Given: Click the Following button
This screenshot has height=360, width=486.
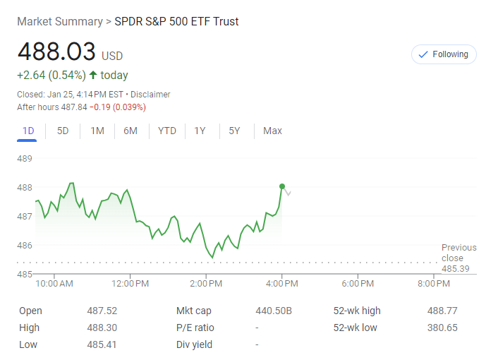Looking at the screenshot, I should click(x=444, y=54).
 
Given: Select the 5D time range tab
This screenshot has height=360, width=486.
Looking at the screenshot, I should click(x=63, y=131).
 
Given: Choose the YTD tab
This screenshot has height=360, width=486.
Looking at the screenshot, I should click(x=167, y=131).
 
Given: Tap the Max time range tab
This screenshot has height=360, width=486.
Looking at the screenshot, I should click(x=272, y=131).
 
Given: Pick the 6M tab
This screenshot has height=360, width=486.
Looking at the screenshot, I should click(x=130, y=131).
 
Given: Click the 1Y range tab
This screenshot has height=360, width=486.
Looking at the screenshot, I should click(x=200, y=131).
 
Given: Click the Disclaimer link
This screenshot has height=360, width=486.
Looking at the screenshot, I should click(x=150, y=95).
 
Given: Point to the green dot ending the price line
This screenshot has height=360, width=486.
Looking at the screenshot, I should click(x=282, y=186).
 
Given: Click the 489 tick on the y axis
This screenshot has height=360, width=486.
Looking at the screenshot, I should click(x=25, y=158).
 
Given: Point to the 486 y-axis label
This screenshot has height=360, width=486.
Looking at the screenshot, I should click(x=25, y=245).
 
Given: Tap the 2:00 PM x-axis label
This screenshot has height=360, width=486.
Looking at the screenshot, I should click(x=207, y=284).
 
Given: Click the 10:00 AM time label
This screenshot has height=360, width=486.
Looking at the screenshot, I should click(x=54, y=284).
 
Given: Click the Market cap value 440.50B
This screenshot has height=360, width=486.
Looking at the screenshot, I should click(x=274, y=311).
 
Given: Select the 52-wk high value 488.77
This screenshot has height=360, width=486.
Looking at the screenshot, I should click(x=442, y=311).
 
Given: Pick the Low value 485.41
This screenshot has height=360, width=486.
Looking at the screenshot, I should click(x=102, y=344).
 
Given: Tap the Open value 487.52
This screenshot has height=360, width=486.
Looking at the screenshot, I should click(x=102, y=311).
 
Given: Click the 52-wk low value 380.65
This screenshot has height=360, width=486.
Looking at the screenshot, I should click(x=442, y=328).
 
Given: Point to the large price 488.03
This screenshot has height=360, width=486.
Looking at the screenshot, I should click(x=56, y=52).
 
